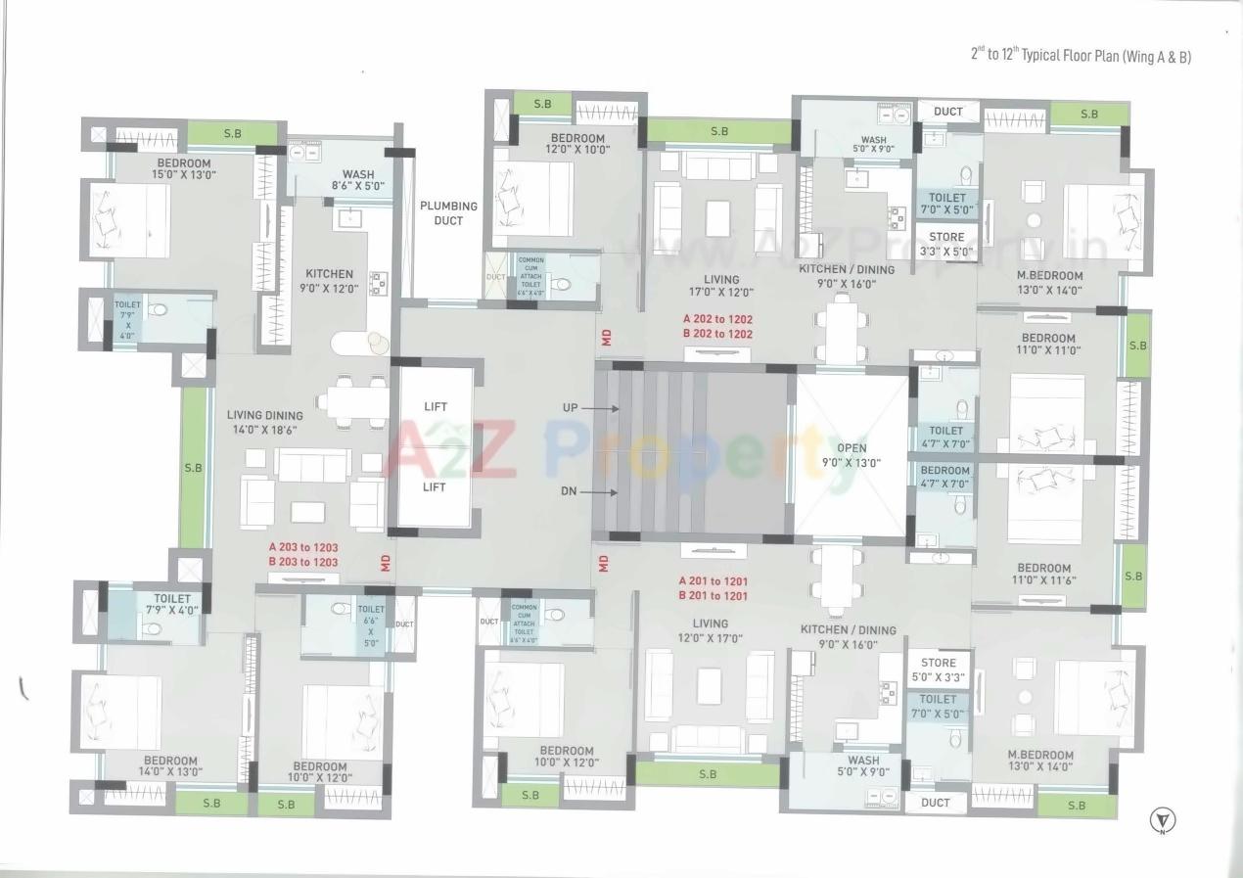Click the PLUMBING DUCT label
click(x=448, y=213)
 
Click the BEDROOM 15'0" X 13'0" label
click(x=183, y=168)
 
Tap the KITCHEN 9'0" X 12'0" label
click(x=329, y=281)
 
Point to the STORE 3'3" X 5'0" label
click(x=946, y=244)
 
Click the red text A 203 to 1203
click(x=303, y=547)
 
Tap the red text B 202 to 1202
click(x=717, y=334)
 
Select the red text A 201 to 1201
click(x=714, y=581)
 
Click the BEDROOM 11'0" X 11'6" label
click(x=1043, y=574)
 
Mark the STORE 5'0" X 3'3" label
click(x=938, y=670)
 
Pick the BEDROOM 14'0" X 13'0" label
click(x=170, y=765)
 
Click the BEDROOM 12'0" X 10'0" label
click(x=577, y=144)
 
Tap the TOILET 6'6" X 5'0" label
click(x=371, y=626)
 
